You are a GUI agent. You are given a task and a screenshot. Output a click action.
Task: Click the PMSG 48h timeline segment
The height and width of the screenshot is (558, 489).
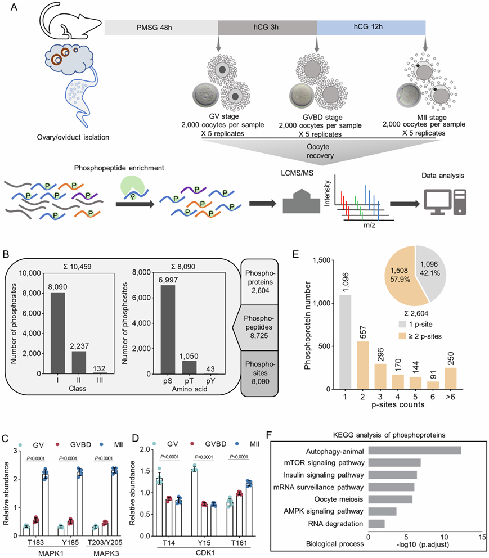click(x=161, y=27)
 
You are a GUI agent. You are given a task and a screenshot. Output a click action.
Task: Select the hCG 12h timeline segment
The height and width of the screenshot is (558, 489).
click(x=371, y=27)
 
